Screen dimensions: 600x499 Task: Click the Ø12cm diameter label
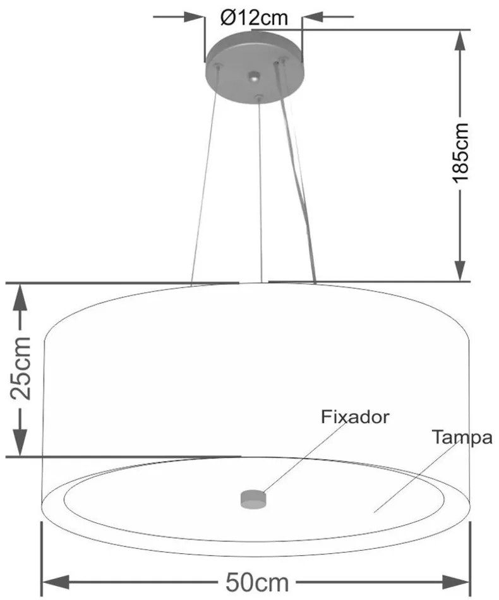click(254, 17)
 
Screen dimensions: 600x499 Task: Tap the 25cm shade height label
click(21, 369)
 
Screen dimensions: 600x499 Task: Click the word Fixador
click(355, 417)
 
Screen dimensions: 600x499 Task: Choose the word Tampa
click(462, 437)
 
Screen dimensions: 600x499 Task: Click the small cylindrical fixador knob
click(253, 498)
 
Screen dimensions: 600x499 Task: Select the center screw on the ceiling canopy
click(253, 76)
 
